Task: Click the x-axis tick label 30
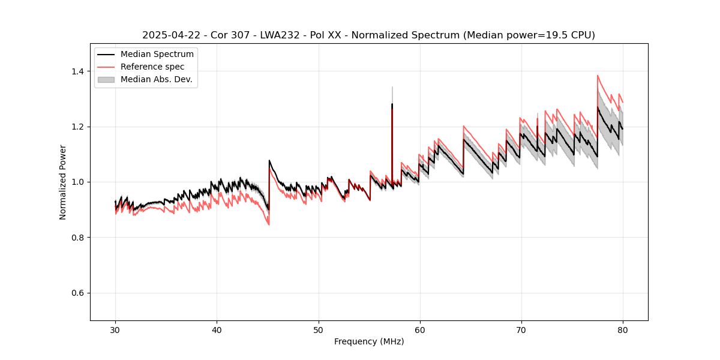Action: (x=115, y=330)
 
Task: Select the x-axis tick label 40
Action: (x=217, y=330)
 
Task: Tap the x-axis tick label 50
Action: (x=319, y=330)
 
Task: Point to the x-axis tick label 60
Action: (x=420, y=330)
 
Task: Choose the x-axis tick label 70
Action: (x=521, y=330)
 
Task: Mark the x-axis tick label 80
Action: (x=623, y=330)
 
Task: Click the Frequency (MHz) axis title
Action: (x=369, y=341)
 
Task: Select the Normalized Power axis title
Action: (x=62, y=182)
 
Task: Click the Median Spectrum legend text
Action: (x=157, y=55)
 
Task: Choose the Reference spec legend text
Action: (x=152, y=67)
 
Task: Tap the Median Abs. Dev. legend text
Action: (x=156, y=79)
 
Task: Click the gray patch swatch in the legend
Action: (x=106, y=79)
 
